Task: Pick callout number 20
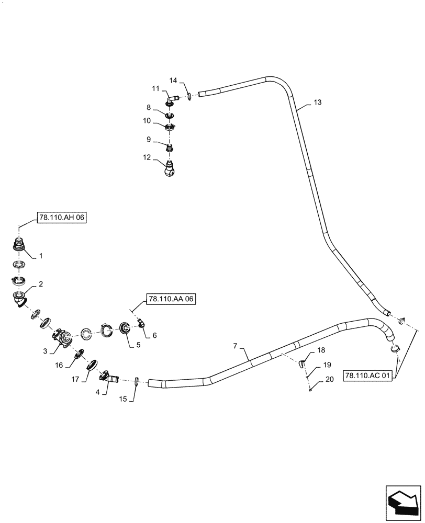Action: [329, 380]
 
